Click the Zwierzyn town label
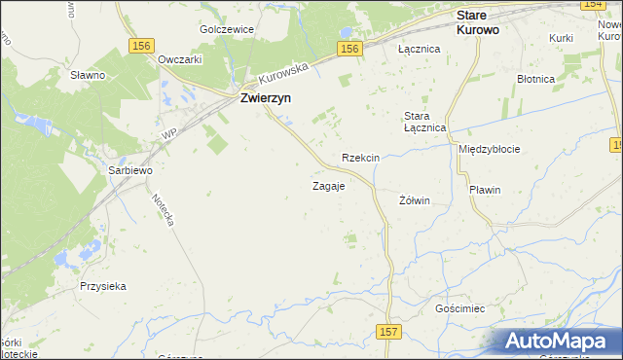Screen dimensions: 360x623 pos(267,98)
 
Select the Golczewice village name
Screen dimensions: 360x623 pos(226,29)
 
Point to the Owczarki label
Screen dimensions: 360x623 pos(179,58)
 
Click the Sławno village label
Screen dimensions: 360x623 pos(88,74)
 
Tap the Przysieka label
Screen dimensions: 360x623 pos(104,286)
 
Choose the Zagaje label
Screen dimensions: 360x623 pos(328,186)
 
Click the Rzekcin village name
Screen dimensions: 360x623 pos(360,158)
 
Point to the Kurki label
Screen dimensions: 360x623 pos(560,37)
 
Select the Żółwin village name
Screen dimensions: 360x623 pos(415,200)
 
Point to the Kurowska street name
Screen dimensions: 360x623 pos(283,73)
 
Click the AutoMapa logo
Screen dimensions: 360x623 pos(559,341)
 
